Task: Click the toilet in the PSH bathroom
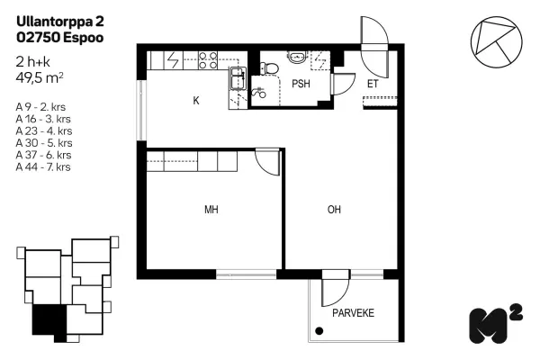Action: (x=269, y=67)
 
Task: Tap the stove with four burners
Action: (x=208, y=60)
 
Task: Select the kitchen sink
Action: (x=238, y=78)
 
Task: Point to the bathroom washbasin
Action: (x=297, y=57)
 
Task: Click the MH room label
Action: (x=211, y=210)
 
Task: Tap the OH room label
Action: (x=334, y=210)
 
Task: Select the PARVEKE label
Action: (x=353, y=313)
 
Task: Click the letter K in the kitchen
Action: (x=196, y=101)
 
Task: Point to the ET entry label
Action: (x=373, y=84)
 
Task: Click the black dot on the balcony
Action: (x=319, y=331)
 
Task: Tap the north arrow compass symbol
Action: (x=496, y=41)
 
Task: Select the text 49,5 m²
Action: (x=40, y=78)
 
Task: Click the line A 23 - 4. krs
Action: (x=44, y=130)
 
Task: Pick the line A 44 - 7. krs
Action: (x=43, y=167)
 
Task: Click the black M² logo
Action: (x=496, y=324)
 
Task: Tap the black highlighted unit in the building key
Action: (x=49, y=321)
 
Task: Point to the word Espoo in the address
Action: (x=84, y=38)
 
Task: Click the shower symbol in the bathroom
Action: (x=258, y=93)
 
